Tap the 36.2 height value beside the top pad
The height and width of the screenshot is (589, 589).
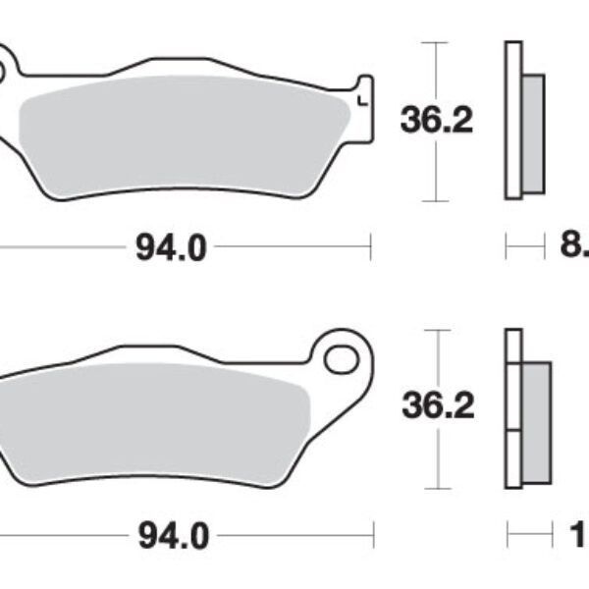(x=437, y=122)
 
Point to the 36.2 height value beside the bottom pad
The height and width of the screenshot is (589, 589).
(x=437, y=405)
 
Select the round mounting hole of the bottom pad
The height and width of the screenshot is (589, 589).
(x=341, y=357)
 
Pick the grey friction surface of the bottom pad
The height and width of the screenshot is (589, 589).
(x=157, y=412)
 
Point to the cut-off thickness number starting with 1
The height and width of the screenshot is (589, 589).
(x=578, y=536)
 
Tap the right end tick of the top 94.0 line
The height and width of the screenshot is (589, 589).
(x=370, y=247)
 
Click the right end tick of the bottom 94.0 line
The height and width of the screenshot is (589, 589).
(x=374, y=536)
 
